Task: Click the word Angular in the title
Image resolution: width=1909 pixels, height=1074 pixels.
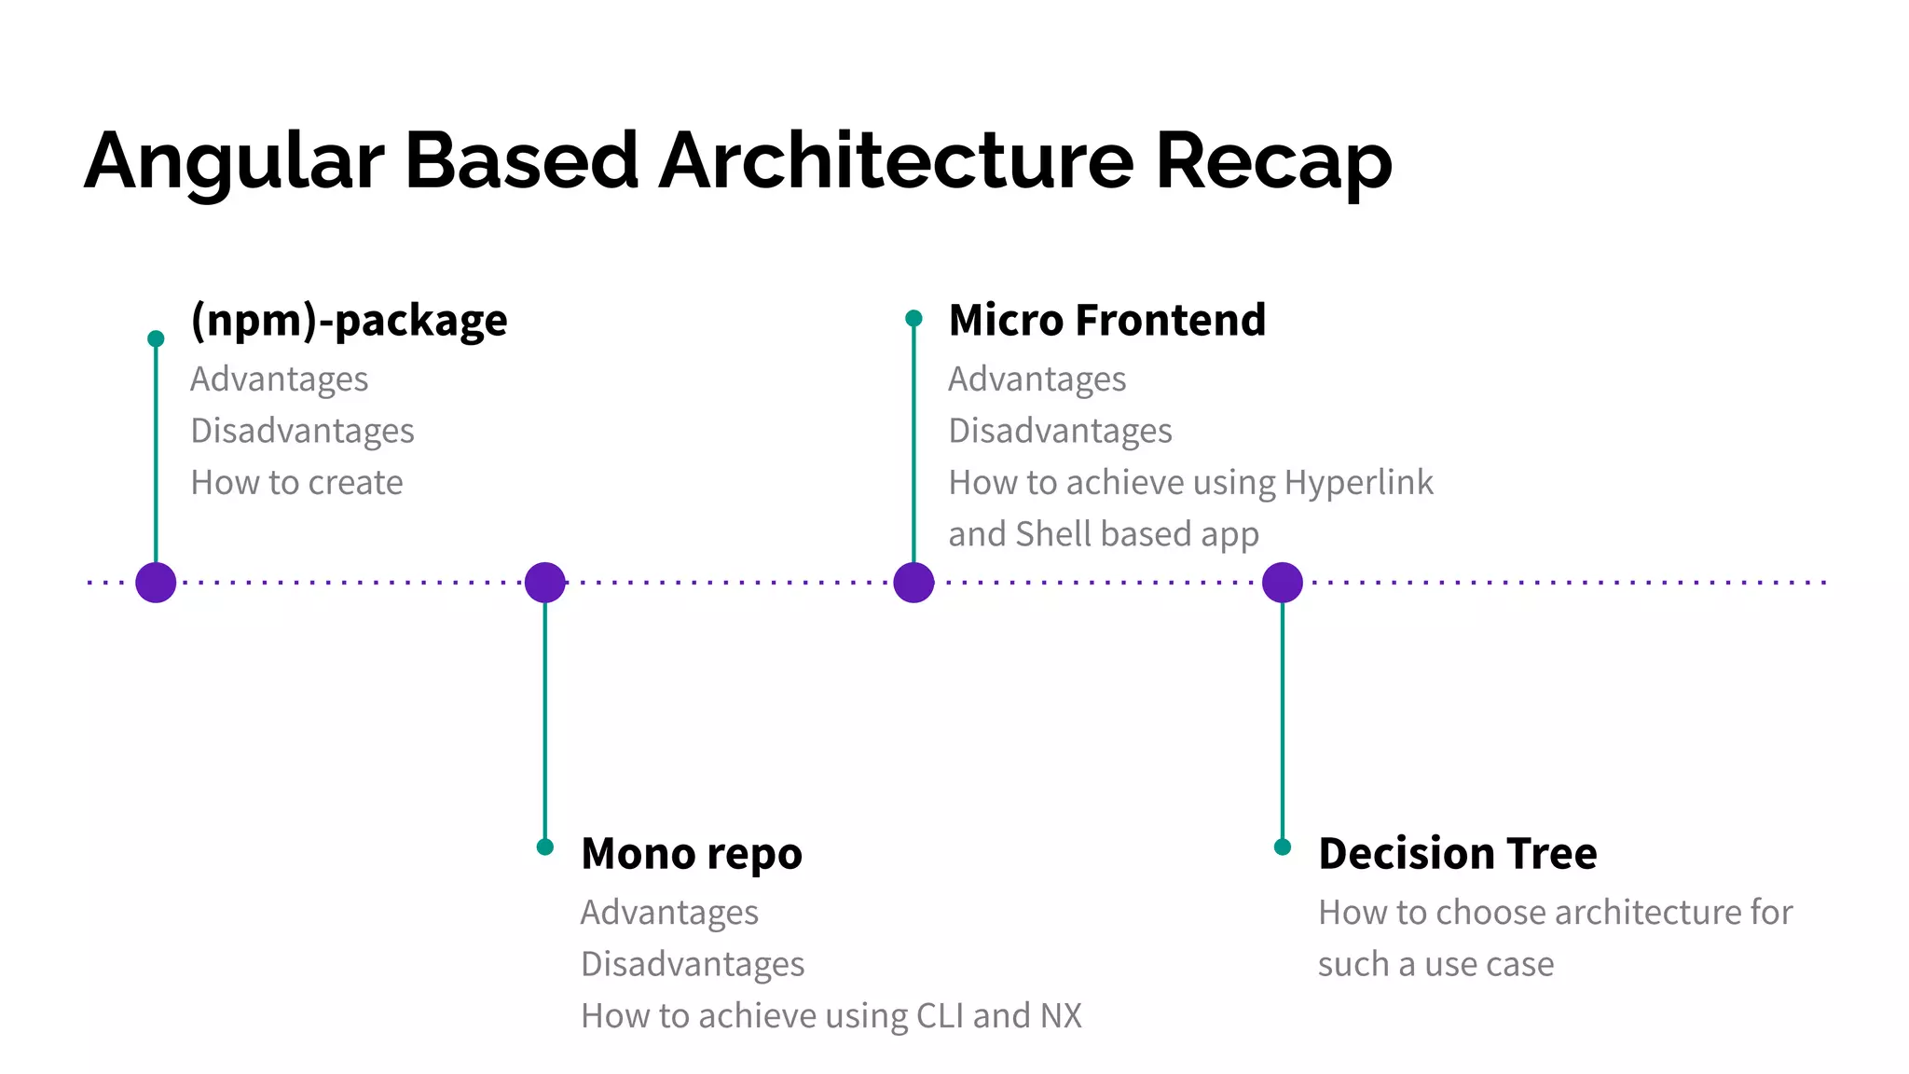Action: click(233, 161)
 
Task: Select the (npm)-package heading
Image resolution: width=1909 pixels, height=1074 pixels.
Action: click(349, 320)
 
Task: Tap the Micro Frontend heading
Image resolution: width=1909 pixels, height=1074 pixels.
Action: click(1106, 320)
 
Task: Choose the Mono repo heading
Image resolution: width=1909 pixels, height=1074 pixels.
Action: click(691, 853)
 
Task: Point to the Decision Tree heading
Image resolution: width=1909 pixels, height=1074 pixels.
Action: click(1457, 853)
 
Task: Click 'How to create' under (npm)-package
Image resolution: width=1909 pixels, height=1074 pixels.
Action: click(296, 482)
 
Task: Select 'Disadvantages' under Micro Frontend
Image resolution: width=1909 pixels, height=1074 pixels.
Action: click(1060, 431)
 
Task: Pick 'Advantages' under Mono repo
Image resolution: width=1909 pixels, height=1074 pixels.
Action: click(669, 912)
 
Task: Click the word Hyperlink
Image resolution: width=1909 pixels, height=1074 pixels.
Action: click(1358, 482)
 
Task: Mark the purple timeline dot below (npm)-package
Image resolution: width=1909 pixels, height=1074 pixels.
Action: click(156, 583)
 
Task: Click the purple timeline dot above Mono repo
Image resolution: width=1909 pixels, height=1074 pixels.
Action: click(545, 583)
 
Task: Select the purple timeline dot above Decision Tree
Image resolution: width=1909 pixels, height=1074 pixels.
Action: click(1283, 583)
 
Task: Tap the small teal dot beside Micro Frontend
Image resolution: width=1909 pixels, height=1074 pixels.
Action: click(913, 319)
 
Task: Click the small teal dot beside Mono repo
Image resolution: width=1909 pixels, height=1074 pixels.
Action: click(545, 847)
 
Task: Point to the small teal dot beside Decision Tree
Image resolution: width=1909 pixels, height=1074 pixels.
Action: click(1283, 847)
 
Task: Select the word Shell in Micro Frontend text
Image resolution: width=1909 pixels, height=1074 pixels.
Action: click(1052, 534)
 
